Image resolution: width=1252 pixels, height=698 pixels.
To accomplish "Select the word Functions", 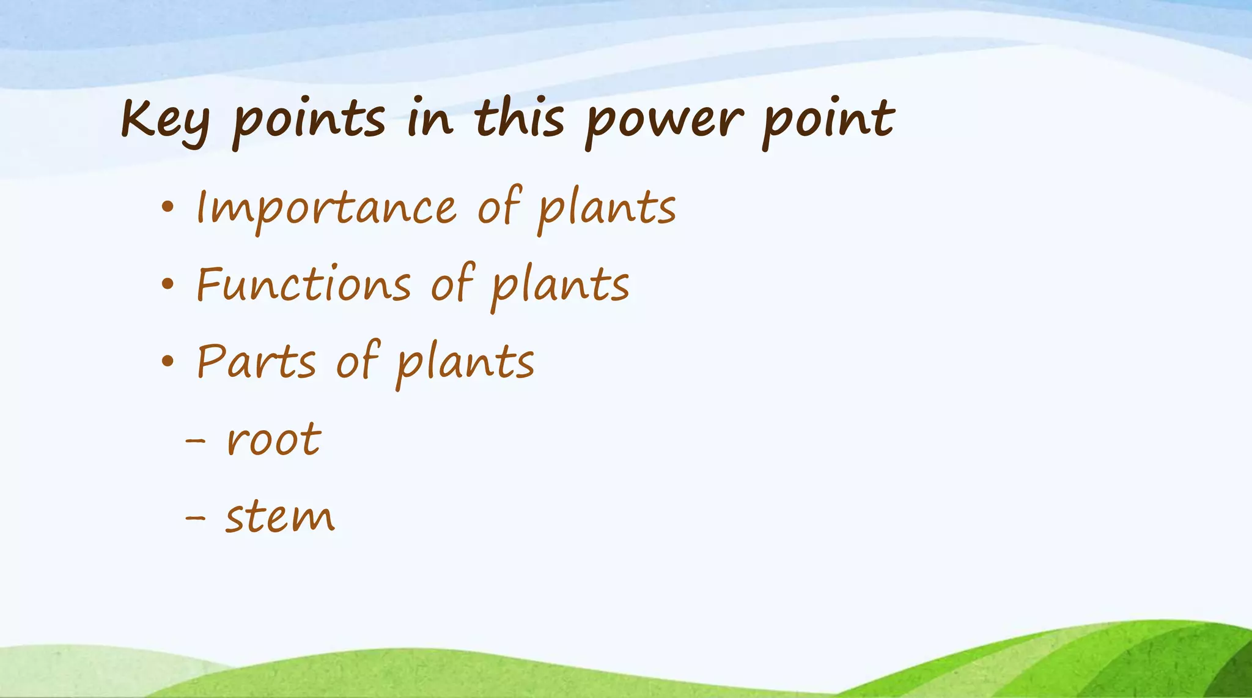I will tap(303, 285).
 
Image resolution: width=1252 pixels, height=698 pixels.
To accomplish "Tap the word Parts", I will tap(256, 362).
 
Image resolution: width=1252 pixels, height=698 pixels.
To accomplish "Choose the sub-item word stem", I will tap(280, 517).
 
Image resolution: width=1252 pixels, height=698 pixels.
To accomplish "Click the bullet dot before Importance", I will tap(168, 208).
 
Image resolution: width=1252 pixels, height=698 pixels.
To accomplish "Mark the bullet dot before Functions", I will tap(168, 285).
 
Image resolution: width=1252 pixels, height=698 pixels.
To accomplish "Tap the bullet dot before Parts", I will tap(168, 362).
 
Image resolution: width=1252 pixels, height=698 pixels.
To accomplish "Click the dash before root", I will tap(195, 440).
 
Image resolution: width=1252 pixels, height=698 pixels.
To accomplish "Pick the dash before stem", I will tap(195, 518).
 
